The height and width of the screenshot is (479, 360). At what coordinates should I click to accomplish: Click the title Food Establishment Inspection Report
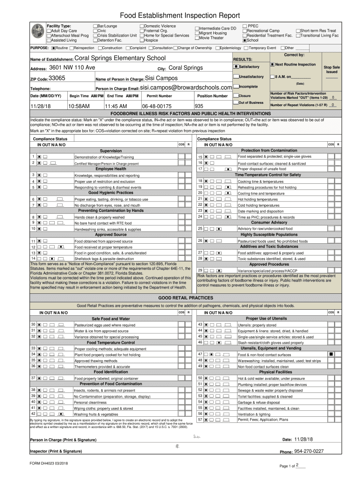point(180,16)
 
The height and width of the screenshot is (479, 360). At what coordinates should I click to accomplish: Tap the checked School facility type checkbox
point(245,41)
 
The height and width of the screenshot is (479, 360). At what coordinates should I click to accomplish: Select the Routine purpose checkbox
point(54,48)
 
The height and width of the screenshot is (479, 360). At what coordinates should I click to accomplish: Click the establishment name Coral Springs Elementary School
point(120,58)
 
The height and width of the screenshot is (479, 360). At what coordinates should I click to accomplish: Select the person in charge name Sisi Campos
point(161,78)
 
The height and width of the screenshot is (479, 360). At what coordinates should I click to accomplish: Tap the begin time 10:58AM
point(78,106)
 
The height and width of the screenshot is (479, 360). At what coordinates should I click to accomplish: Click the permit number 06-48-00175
point(157,106)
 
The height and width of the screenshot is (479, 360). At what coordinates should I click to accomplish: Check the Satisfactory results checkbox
point(236,67)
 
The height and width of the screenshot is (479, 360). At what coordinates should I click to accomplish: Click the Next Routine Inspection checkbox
point(272,64)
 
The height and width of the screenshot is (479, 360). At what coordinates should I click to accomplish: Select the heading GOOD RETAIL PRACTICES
point(180,298)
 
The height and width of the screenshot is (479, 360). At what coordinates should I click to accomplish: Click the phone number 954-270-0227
point(309,451)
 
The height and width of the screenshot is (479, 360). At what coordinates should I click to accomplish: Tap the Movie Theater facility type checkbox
point(197,38)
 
